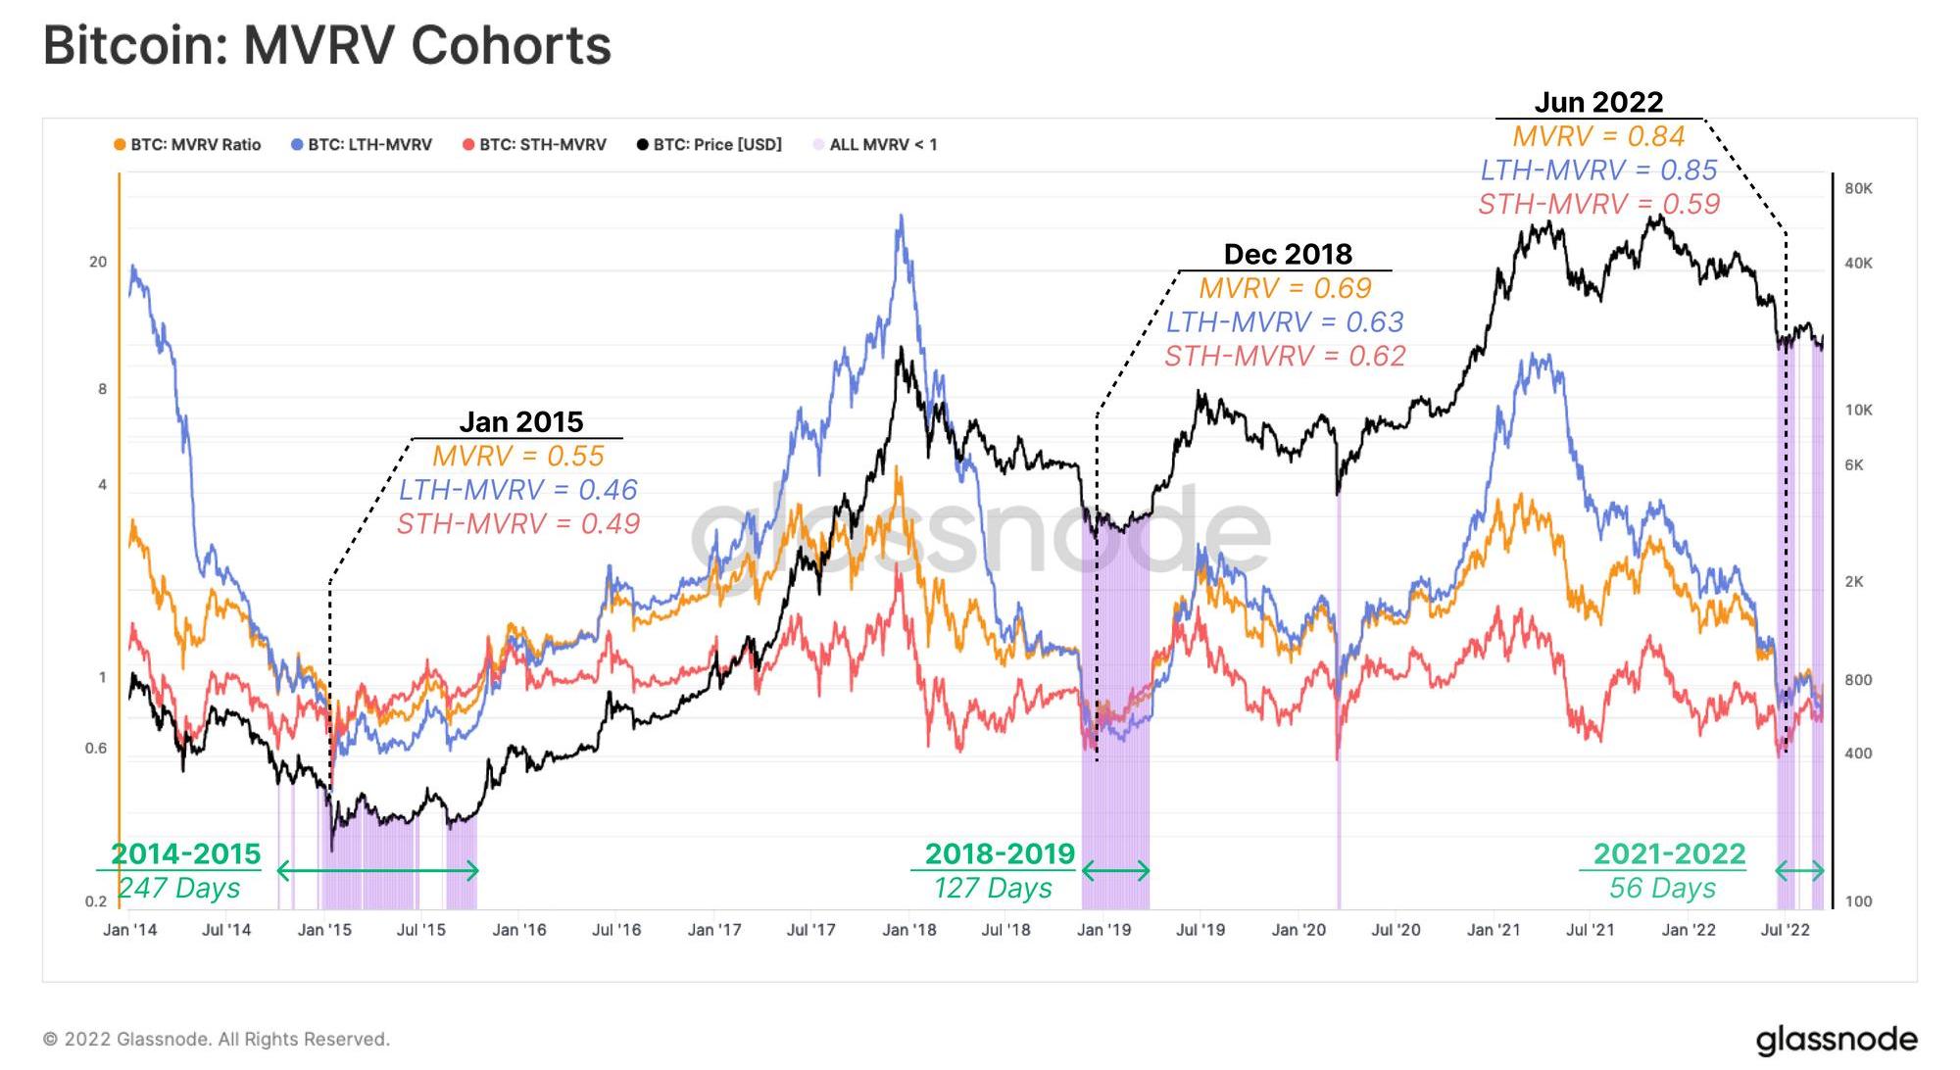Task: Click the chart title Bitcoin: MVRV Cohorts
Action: coord(327,46)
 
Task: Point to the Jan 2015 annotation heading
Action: coord(520,422)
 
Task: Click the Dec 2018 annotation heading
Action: coord(1288,255)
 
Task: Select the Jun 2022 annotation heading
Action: coord(1598,103)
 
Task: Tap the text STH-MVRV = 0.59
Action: coord(1598,204)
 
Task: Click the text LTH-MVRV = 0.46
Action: coord(518,490)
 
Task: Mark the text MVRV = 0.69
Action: coord(1285,288)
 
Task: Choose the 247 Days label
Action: coord(179,888)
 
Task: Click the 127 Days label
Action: coord(993,888)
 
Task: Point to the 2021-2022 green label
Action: coord(1669,854)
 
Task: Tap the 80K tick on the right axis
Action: coord(1858,189)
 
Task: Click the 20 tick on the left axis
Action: coord(98,263)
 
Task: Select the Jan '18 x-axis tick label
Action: coord(908,930)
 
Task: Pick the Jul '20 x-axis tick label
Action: coord(1396,930)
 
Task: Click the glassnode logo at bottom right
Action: coord(1836,1039)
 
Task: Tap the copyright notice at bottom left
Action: coord(217,1040)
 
